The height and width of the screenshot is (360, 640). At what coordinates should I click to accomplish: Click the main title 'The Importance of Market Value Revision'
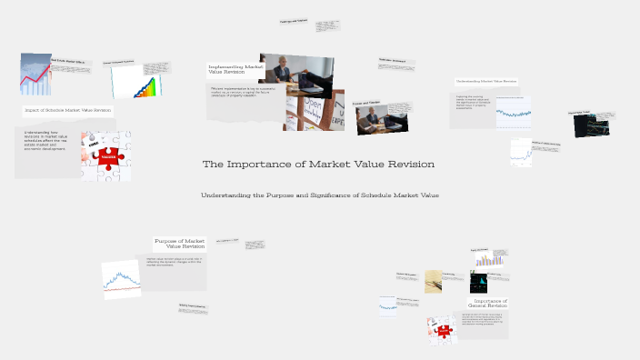(319, 165)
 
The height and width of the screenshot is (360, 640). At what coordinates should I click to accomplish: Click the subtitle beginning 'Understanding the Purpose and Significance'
(319, 195)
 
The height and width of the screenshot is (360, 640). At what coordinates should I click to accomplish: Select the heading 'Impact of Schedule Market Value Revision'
(68, 110)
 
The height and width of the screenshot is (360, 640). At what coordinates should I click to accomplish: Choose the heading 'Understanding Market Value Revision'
(485, 81)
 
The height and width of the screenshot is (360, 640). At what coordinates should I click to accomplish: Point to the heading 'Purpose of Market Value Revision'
(180, 244)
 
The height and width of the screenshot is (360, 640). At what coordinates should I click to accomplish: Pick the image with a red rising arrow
(35, 75)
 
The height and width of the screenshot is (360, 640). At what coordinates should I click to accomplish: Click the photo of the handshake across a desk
(382, 118)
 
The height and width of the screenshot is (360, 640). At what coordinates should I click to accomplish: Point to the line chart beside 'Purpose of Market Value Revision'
(120, 280)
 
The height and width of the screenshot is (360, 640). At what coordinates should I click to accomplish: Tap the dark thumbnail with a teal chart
(478, 282)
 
